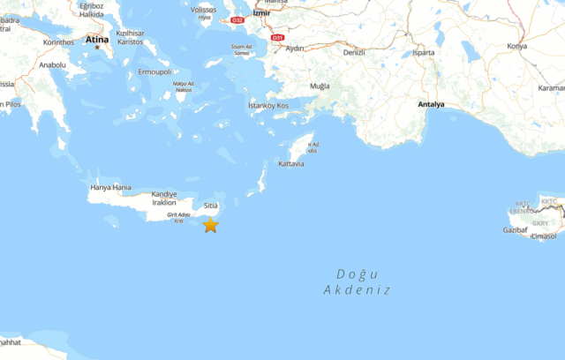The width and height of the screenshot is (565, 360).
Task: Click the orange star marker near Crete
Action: [210, 225]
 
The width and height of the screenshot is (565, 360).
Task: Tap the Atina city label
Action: [96, 40]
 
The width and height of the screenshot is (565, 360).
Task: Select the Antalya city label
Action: [432, 105]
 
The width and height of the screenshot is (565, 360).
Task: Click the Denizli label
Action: [353, 53]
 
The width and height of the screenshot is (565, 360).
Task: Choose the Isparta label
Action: [424, 53]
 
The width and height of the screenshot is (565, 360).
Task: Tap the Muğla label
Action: [319, 86]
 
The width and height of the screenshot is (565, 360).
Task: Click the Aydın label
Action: [295, 48]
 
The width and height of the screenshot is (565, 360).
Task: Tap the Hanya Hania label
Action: [110, 187]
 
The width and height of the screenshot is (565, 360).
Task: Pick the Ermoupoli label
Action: [155, 71]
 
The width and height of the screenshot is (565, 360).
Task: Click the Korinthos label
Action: [57, 41]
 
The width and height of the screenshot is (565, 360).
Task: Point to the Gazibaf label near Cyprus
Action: [516, 229]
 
